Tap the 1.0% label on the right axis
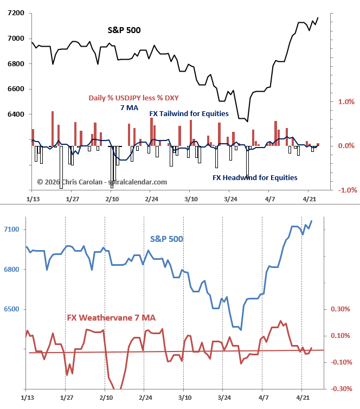coord(346,102)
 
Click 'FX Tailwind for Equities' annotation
coord(189,114)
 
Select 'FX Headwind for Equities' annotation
coord(254,177)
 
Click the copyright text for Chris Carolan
coord(102,182)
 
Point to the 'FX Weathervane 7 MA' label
coord(111,318)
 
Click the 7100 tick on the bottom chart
coord(11,230)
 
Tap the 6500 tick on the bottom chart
coord(11,310)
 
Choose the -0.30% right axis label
coord(341,389)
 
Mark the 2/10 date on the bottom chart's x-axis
coord(105,398)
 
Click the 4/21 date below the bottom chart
coord(301,398)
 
